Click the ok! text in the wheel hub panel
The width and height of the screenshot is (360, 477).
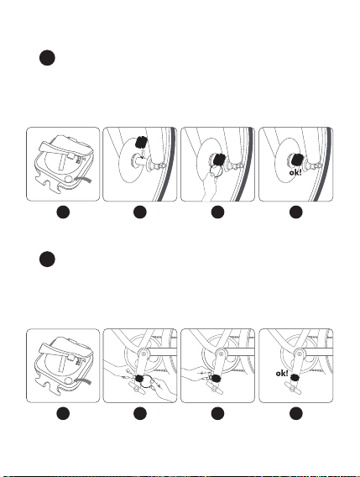pyautogui.click(x=295, y=173)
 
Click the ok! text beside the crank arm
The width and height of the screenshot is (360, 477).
pyautogui.click(x=282, y=373)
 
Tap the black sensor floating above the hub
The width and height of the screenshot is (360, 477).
pyautogui.click(x=141, y=142)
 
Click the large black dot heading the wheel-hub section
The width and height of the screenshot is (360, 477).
pyautogui.click(x=47, y=58)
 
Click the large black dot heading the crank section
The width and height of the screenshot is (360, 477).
pyautogui.click(x=47, y=259)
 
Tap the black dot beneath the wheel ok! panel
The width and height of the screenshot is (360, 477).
pyautogui.click(x=296, y=212)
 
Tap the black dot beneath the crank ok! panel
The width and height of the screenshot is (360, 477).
pyautogui.click(x=296, y=414)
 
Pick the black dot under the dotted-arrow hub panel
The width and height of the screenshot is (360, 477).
pyautogui.click(x=140, y=212)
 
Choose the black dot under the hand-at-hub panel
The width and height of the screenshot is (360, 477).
pyautogui.click(x=217, y=212)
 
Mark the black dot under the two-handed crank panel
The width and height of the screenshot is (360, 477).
pyautogui.click(x=140, y=414)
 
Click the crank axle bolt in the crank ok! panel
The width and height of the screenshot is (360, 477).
pyautogui.click(x=300, y=354)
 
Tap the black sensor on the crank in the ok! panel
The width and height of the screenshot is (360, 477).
pyautogui.click(x=294, y=378)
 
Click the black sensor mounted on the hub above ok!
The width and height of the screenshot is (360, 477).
pyautogui.click(x=297, y=160)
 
